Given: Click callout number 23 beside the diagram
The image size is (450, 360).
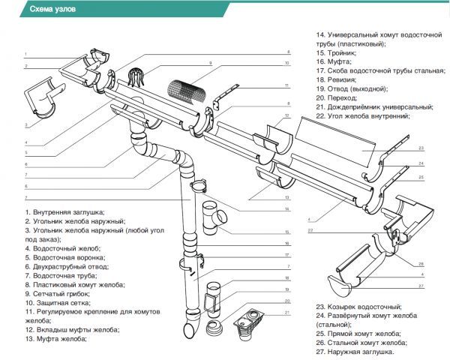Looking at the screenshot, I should click(x=421, y=148).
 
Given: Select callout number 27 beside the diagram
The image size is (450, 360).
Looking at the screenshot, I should click(x=421, y=286).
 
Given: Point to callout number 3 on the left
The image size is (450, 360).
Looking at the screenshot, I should click(x=26, y=124).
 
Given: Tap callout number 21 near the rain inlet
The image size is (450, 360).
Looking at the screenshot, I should click(x=286, y=311).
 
